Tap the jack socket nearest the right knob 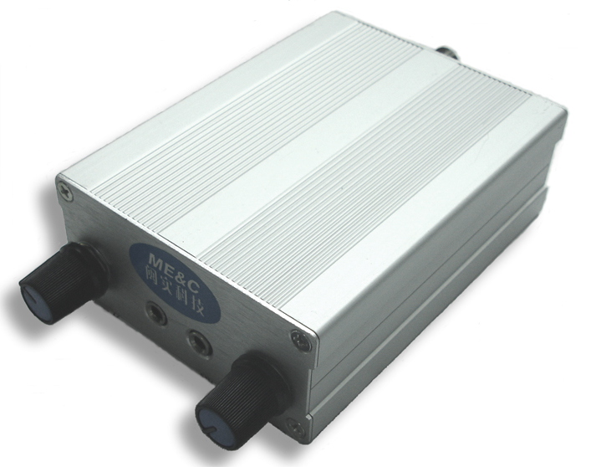199,341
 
